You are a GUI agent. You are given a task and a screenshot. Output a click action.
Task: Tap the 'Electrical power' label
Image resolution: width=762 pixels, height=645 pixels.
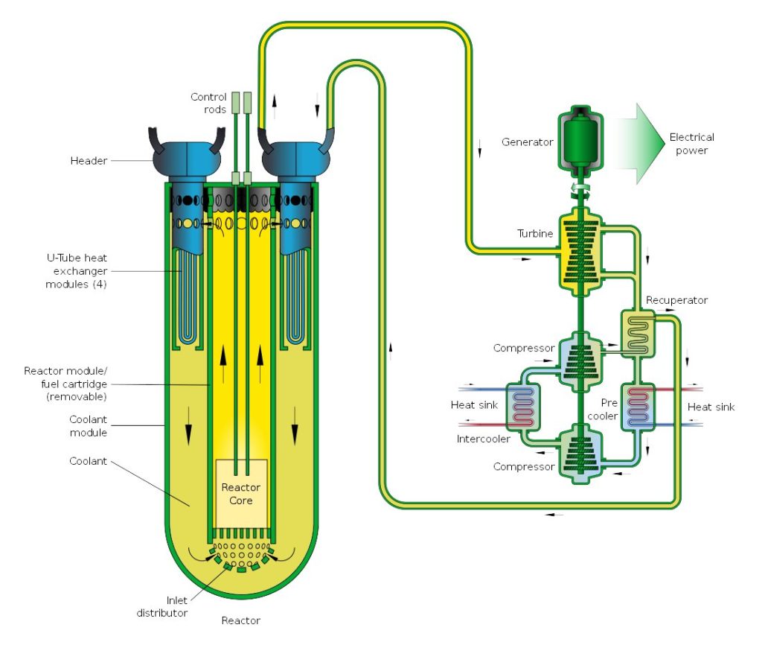tap(691, 144)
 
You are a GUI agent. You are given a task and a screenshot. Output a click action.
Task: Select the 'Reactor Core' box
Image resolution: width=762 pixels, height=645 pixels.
tap(240, 494)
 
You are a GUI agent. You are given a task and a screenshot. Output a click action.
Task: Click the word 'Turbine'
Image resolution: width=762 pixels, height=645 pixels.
tap(536, 234)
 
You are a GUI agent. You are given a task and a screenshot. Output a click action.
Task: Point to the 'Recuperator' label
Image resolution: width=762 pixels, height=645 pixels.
tap(676, 300)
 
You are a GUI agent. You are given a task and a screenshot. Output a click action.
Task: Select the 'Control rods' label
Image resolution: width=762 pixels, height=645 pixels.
tap(208, 103)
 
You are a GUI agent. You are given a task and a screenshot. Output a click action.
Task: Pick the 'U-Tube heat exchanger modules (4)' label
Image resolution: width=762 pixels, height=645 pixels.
tap(71, 270)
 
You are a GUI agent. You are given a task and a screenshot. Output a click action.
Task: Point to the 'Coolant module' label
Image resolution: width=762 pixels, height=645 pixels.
tap(88, 426)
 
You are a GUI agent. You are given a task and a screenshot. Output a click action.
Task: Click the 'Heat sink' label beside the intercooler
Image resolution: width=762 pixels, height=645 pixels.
tap(473, 405)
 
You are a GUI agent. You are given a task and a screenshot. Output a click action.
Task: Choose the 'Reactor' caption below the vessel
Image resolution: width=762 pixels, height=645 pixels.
tap(240, 620)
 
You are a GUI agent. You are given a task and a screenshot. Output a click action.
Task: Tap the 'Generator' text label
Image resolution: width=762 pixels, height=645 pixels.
tap(527, 142)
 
